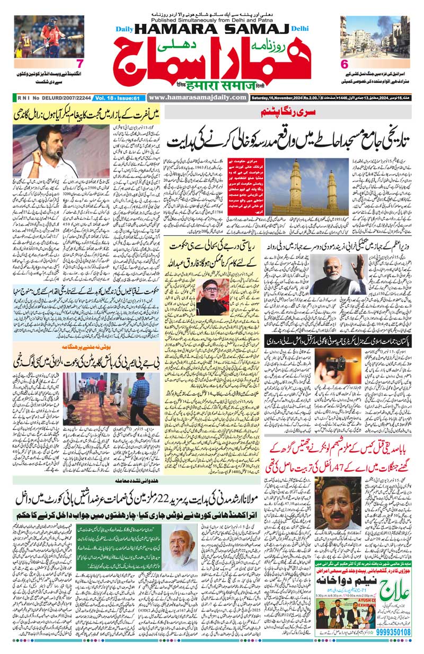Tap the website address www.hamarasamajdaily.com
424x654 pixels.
(x=198, y=98)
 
